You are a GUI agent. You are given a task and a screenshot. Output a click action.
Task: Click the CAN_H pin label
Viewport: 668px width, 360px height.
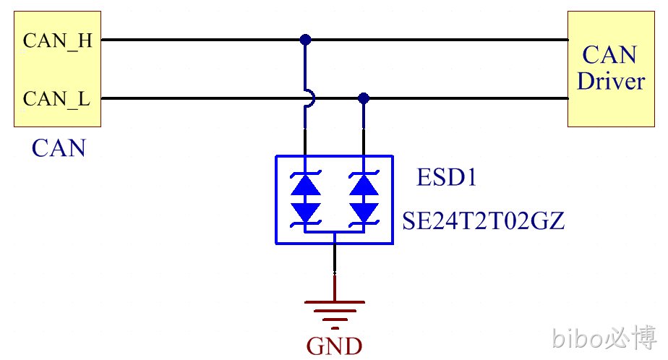[58, 41]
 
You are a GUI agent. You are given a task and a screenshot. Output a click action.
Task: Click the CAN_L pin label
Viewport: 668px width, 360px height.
[56, 99]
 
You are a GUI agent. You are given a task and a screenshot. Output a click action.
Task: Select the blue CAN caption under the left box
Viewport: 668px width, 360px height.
[59, 148]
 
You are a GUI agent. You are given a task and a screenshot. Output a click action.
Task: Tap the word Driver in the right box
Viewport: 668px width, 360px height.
[611, 81]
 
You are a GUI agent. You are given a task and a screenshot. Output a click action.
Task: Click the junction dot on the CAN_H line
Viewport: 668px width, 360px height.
[305, 40]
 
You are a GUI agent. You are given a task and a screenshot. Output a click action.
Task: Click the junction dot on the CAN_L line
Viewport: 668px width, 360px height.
[364, 98]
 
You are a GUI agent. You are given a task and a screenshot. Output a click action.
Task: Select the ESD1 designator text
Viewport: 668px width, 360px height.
[446, 177]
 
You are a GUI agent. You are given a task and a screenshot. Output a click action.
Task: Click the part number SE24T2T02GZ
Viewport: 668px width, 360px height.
[484, 220]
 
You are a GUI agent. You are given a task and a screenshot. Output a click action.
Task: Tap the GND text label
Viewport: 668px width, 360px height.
[335, 346]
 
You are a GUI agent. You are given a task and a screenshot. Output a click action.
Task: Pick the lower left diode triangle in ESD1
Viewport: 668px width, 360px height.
[306, 212]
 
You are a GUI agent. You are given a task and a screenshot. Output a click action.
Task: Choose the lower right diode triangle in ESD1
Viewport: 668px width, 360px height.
[364, 212]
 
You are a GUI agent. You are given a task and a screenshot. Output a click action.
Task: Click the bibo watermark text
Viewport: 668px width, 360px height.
[578, 338]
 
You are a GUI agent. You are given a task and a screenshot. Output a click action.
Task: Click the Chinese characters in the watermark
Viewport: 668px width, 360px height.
[631, 337]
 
